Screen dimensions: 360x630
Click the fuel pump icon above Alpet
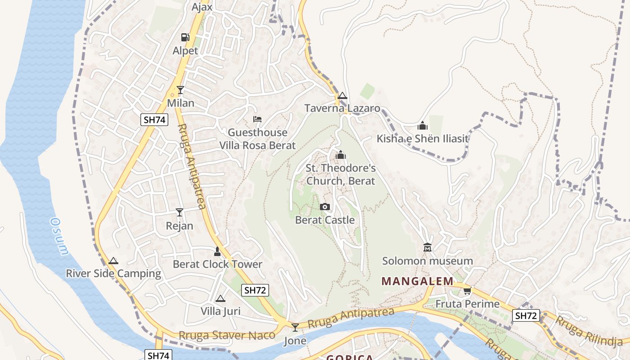(x=185, y=37)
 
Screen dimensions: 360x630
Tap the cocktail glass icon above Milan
(x=180, y=90)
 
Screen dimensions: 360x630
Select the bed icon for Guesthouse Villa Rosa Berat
(x=257, y=119)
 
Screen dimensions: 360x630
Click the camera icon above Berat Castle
(x=324, y=207)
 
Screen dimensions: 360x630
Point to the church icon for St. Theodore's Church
(x=341, y=155)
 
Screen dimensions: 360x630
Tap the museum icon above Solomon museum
(x=427, y=247)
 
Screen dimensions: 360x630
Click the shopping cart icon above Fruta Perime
(x=467, y=291)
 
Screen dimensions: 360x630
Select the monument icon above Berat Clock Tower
(x=217, y=251)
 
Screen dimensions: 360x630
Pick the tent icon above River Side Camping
(x=113, y=261)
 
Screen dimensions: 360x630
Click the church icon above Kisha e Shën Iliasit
(x=422, y=126)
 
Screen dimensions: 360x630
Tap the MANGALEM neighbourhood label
(x=418, y=281)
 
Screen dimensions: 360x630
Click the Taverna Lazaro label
(x=342, y=108)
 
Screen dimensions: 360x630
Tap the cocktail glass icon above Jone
(x=295, y=327)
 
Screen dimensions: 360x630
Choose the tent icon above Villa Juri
(x=220, y=298)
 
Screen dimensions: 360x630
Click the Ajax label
(x=202, y=7)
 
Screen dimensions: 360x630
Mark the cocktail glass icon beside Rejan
(x=180, y=212)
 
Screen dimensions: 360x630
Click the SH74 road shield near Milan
(x=154, y=120)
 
